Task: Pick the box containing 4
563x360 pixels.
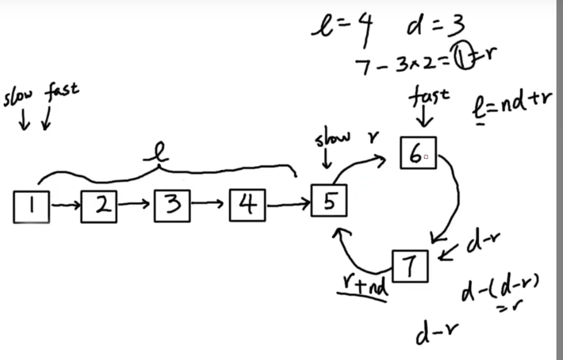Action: point(247,206)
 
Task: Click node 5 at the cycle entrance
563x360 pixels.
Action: point(329,202)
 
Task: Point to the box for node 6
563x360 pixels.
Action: point(418,153)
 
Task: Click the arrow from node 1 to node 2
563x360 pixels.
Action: point(65,205)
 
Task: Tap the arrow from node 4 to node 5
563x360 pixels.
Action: point(288,204)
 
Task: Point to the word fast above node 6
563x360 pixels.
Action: point(429,98)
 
